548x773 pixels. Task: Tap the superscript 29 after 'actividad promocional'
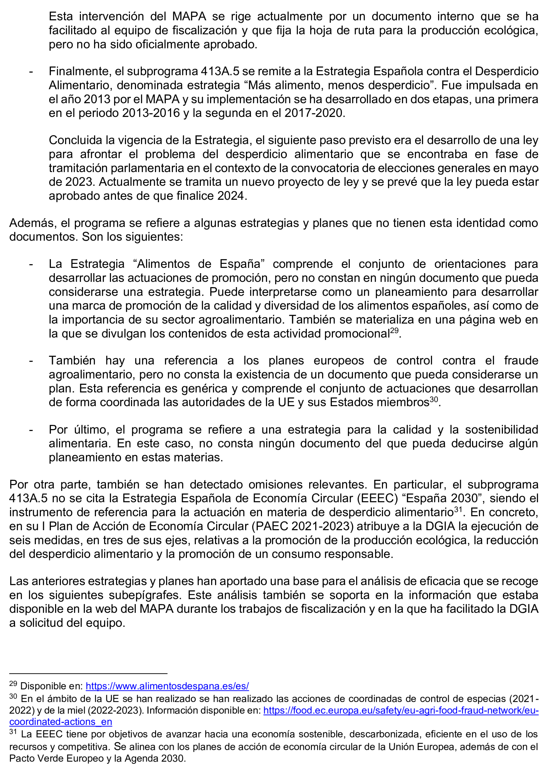pyautogui.click(x=394, y=331)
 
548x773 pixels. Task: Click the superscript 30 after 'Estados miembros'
pyautogui.click(x=434, y=400)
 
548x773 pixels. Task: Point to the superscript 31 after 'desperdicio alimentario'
pyautogui.click(x=458, y=509)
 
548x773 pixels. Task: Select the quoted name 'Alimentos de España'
pyautogui.click(x=199, y=264)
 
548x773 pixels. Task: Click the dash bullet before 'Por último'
pyautogui.click(x=31, y=430)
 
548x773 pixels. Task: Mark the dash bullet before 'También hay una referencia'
pyautogui.click(x=31, y=361)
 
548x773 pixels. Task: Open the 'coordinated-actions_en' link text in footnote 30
pyautogui.click(x=60, y=722)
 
